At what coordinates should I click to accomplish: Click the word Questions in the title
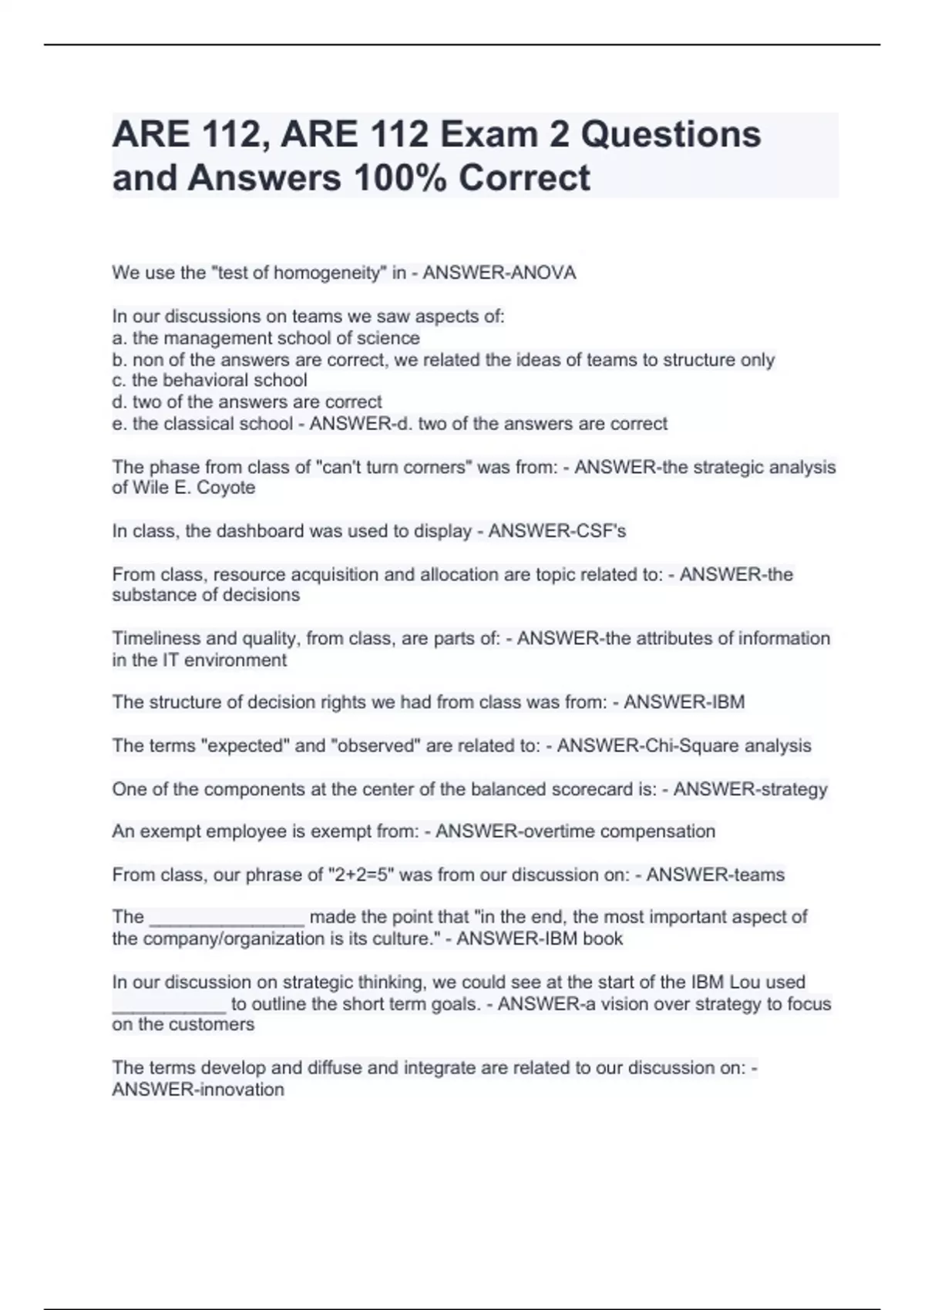click(x=670, y=134)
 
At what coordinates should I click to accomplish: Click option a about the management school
click(x=266, y=338)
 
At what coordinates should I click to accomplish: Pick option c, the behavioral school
click(x=210, y=381)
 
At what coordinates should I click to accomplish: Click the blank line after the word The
click(x=227, y=919)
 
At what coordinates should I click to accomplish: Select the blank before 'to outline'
click(x=169, y=1006)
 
